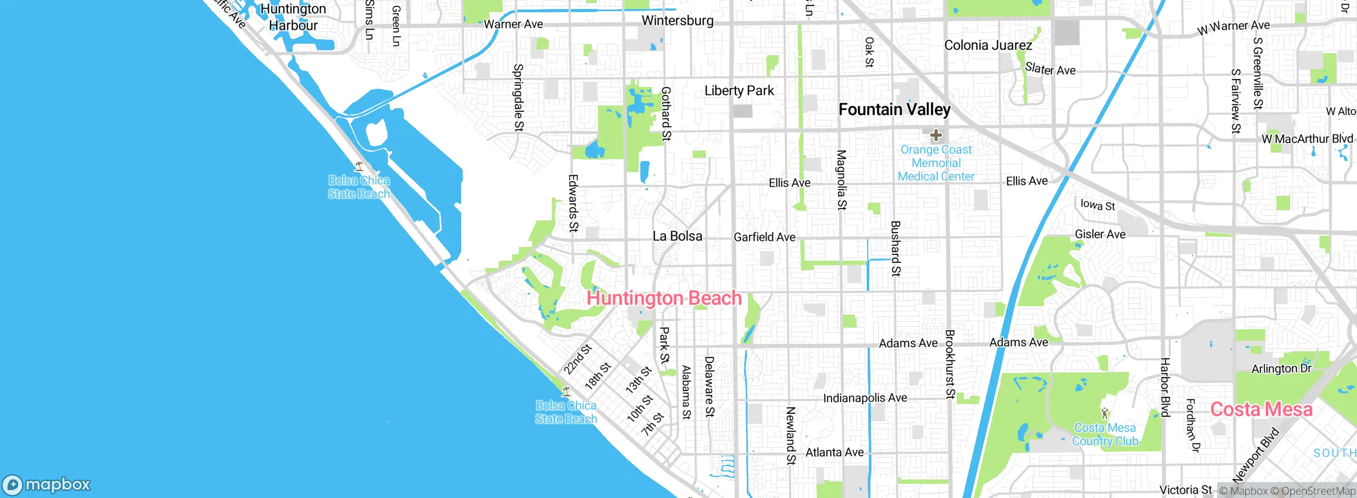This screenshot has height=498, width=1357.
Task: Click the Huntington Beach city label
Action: pos(664,298)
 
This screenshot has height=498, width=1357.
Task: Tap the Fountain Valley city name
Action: pos(894,110)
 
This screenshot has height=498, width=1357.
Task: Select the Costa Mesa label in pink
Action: pos(1261,410)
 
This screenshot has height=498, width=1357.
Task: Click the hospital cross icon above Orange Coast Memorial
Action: pos(936,135)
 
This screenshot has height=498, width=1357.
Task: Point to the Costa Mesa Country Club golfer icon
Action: pos(1105,413)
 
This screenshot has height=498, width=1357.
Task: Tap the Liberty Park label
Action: pos(739,91)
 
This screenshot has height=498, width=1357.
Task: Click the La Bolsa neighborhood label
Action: pos(677,236)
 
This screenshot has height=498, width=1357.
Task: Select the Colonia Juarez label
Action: pos(988,46)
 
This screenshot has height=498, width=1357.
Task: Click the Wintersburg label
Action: pos(677,21)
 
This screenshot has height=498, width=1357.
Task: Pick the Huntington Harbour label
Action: pos(293,17)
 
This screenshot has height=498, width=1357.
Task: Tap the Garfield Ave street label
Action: pos(764,237)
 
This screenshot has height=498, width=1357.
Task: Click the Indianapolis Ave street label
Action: pos(865,398)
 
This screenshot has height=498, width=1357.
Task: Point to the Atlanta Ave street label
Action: pos(834,452)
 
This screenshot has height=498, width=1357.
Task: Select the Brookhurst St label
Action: pos(949,364)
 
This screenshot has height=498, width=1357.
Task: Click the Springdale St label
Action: pos(518,97)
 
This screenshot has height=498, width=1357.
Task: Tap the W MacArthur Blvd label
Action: pos(1307,139)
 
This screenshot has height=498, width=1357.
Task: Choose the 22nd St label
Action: pos(577,359)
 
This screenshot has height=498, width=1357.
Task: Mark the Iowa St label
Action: pos(1097,205)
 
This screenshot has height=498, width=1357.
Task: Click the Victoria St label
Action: pos(1185,490)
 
